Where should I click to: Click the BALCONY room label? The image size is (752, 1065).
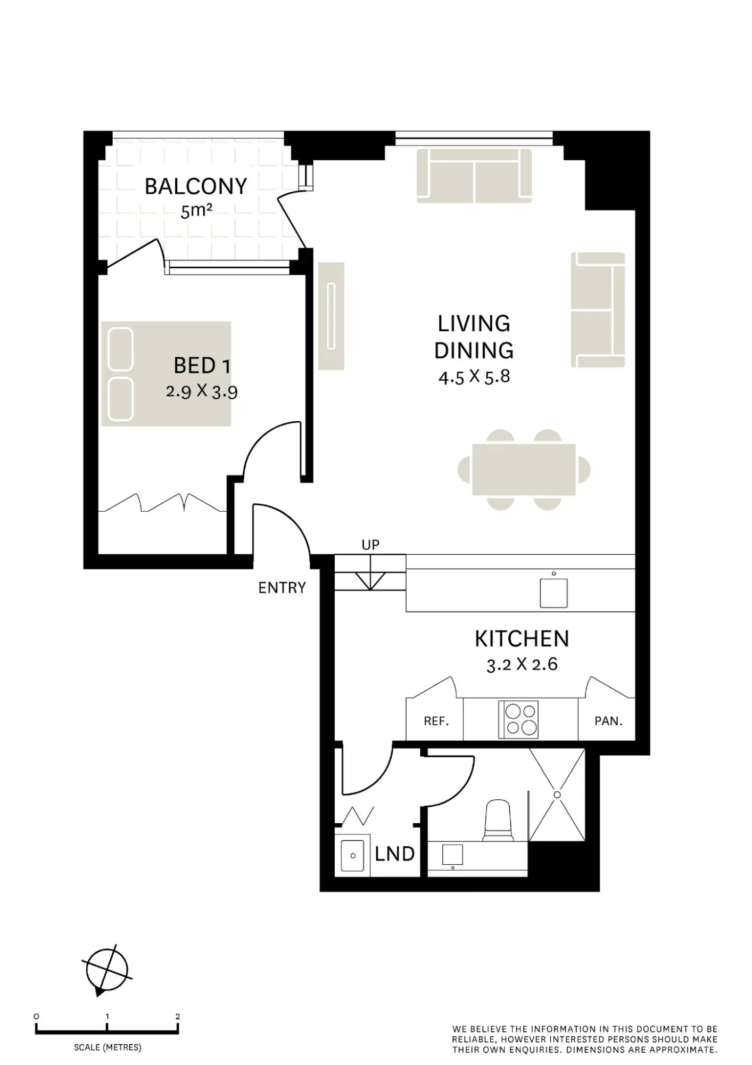[196, 186]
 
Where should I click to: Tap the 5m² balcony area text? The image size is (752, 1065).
[196, 211]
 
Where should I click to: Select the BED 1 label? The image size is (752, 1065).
[202, 366]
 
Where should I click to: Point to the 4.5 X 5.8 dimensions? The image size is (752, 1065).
[474, 377]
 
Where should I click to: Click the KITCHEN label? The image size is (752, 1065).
[522, 639]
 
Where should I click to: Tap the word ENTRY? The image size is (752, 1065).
[282, 588]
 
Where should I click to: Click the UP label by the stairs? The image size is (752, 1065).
[370, 545]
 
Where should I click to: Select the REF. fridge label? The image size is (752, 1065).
[436, 722]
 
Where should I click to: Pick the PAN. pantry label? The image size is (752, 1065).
[608, 722]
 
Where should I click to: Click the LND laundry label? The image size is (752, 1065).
[394, 854]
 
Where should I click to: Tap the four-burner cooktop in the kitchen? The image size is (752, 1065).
[518, 719]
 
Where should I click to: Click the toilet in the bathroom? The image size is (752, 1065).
[498, 821]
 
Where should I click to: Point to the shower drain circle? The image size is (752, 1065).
[557, 794]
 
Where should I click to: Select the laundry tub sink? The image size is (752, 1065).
[352, 856]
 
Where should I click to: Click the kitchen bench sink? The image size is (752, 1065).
[553, 593]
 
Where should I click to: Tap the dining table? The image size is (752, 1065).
[524, 470]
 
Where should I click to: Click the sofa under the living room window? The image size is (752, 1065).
[474, 175]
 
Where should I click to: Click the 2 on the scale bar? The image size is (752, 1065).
[178, 1017]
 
